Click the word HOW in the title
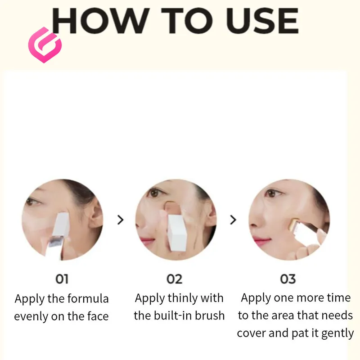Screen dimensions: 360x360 [100, 21]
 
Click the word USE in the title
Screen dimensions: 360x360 [262, 21]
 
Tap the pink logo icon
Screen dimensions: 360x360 [45, 45]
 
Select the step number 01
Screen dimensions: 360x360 [62, 279]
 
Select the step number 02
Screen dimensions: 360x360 [175, 279]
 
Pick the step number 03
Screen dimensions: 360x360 [288, 279]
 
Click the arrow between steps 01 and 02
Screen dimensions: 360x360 [120, 220]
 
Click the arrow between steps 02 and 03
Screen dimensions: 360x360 [233, 220]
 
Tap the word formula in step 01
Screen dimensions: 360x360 [88, 299]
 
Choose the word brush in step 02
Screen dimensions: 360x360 [210, 315]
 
